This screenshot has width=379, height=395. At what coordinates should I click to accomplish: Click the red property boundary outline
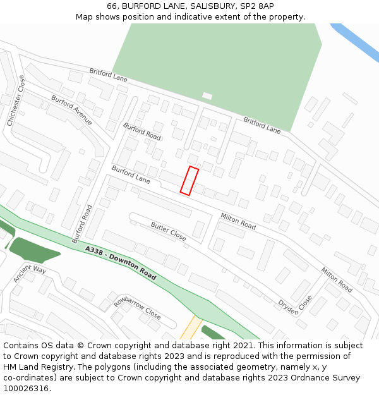[189, 181]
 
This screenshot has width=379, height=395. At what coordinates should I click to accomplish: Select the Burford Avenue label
[72, 111]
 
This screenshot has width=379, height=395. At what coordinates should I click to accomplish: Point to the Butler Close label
[168, 231]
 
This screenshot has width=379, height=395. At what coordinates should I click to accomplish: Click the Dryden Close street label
[295, 305]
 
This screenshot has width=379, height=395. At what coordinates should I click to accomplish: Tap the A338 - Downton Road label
[121, 263]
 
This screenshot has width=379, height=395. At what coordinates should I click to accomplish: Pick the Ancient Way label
[30, 274]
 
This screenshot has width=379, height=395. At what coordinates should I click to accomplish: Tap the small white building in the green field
[207, 96]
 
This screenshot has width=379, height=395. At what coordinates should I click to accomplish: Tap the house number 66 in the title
[112, 6]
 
